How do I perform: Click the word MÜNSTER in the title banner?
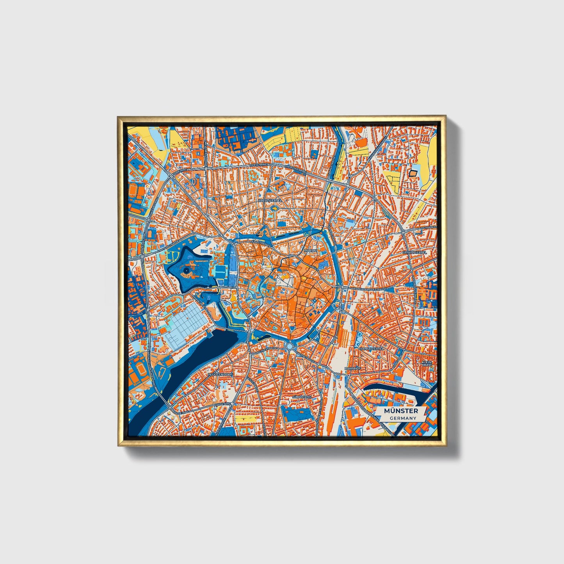(x=401, y=411)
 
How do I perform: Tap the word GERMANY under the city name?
(x=403, y=418)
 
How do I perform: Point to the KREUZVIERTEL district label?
(x=270, y=200)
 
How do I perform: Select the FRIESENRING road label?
(x=260, y=165)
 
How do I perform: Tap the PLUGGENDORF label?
(x=220, y=374)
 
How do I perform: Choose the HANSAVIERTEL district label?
(x=371, y=348)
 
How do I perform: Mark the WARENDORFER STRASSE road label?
(x=369, y=289)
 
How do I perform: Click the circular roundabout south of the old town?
(x=289, y=346)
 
